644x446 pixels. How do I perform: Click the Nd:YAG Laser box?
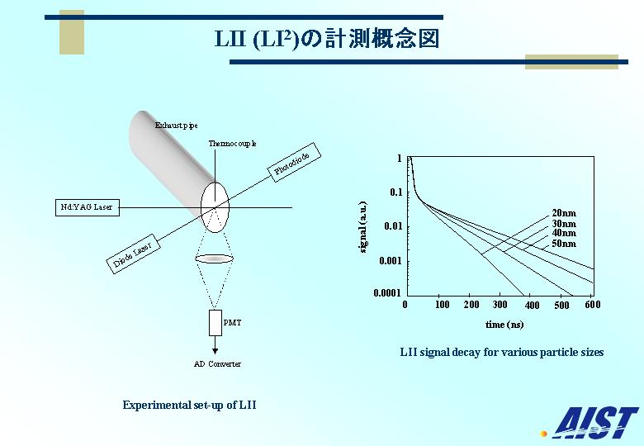[87, 207]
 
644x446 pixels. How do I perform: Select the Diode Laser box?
[133, 254]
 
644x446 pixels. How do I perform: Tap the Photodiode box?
[294, 162]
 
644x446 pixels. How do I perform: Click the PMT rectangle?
[215, 323]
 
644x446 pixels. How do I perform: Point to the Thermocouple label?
[232, 144]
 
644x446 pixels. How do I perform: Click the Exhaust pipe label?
[176, 126]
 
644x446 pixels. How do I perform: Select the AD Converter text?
[217, 364]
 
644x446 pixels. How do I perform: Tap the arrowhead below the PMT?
[215, 351]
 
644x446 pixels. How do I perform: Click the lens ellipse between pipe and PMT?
[215, 259]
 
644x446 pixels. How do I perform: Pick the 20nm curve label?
[564, 213]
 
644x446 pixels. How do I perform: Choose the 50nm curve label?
[564, 244]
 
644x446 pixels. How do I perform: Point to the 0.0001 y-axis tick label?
[387, 293]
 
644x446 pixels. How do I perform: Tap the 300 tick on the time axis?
[500, 304]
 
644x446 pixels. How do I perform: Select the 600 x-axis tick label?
[593, 304]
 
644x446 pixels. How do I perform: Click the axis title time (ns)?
[504, 325]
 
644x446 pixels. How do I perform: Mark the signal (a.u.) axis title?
[363, 227]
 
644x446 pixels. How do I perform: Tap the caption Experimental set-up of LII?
[189, 405]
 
